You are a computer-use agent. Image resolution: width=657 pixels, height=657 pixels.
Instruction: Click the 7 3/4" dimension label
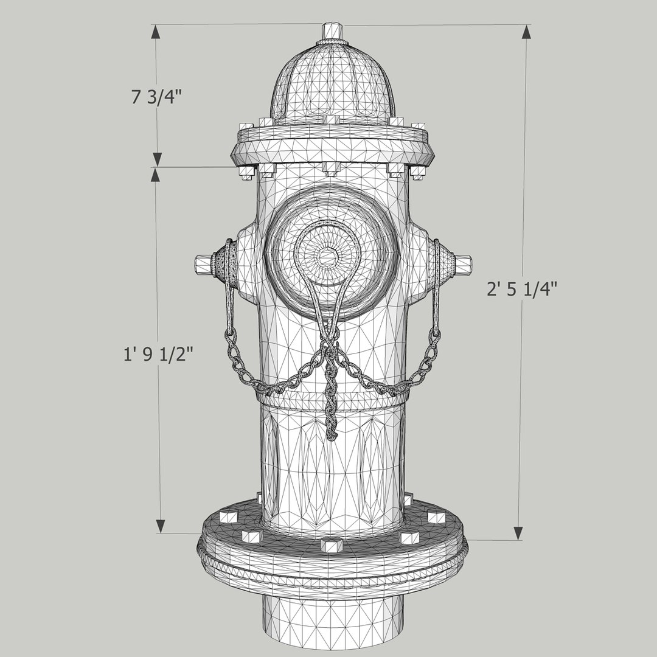(x=157, y=97)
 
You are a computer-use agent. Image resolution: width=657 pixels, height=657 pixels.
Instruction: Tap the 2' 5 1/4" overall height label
(x=521, y=289)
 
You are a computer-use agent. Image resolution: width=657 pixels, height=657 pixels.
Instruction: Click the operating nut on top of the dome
(x=332, y=30)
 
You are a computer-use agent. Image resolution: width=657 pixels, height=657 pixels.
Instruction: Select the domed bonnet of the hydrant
(x=332, y=85)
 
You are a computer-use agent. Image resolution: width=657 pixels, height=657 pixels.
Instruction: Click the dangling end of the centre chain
(x=332, y=433)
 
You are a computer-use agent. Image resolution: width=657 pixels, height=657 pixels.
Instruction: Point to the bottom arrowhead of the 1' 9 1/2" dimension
(x=161, y=526)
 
